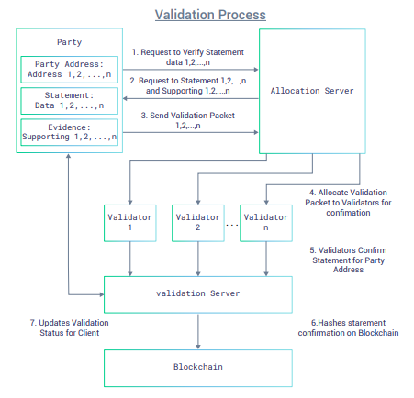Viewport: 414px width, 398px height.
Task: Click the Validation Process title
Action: tap(210, 15)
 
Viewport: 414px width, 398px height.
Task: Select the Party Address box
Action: tap(70, 70)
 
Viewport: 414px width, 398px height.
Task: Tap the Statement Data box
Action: tap(70, 101)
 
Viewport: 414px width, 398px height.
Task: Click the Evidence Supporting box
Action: tap(70, 132)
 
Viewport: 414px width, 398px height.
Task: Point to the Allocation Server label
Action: tap(312, 91)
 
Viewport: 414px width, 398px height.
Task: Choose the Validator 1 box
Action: tap(130, 223)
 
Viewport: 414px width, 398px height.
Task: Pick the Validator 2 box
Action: tap(198, 223)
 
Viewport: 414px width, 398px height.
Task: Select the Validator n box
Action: tap(266, 223)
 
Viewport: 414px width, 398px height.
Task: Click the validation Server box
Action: tap(198, 294)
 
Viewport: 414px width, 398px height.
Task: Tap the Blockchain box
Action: tap(198, 368)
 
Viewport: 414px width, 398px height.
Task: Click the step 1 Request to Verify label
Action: tap(188, 57)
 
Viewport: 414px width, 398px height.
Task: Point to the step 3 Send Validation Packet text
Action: tap(188, 120)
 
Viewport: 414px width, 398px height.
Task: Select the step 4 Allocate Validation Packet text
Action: tap(348, 203)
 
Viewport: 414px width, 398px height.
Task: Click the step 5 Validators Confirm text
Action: tap(348, 260)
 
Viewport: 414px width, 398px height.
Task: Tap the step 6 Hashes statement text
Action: tap(348, 327)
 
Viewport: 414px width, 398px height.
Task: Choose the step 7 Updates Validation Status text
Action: tap(70, 327)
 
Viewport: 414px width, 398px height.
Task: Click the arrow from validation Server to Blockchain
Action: tap(198, 331)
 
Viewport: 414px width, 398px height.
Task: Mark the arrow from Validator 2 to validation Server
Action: tap(198, 259)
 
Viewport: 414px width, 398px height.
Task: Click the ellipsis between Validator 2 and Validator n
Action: tap(232, 226)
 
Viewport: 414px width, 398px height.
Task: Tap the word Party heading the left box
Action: tap(70, 42)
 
